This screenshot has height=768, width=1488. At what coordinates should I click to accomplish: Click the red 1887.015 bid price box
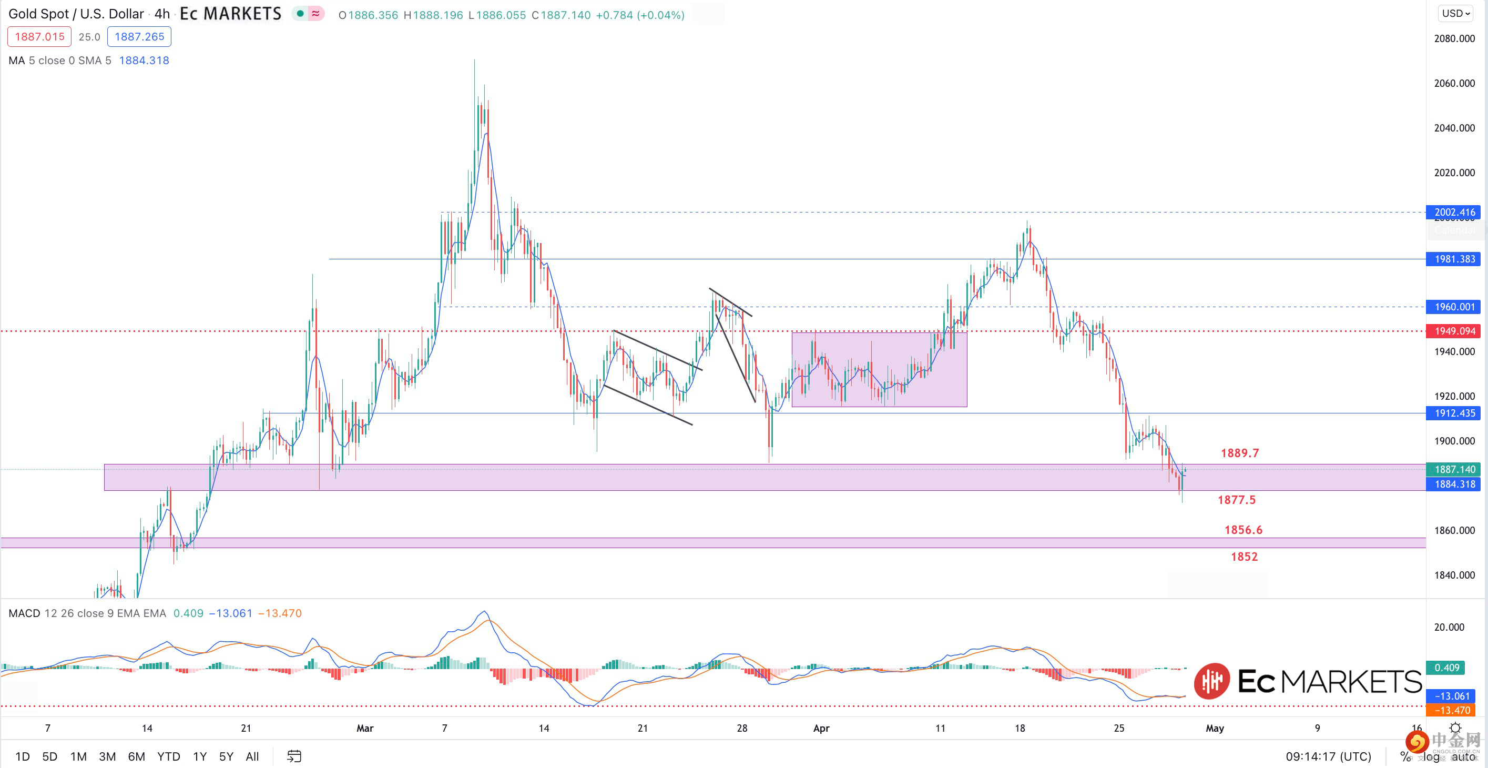(x=39, y=36)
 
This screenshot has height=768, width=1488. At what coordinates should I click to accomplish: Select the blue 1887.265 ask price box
(x=139, y=36)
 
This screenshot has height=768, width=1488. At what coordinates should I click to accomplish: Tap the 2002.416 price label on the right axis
(x=1454, y=212)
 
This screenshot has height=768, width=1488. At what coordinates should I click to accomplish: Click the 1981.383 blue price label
(x=1454, y=259)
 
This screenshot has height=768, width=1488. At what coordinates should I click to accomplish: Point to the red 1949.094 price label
(x=1454, y=331)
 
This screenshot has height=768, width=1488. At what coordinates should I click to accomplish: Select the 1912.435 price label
(x=1454, y=413)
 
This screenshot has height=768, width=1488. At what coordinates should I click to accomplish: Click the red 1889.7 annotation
(x=1240, y=453)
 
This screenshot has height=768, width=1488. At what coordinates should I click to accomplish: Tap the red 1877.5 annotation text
(x=1236, y=500)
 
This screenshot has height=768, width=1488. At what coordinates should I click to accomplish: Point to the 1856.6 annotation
(x=1243, y=530)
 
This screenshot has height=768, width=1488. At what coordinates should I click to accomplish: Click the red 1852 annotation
(x=1244, y=557)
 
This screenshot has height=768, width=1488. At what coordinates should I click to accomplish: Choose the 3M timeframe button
(x=107, y=756)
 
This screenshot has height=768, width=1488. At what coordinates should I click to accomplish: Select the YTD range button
(x=169, y=756)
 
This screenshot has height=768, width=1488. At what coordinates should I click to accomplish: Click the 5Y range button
(x=226, y=756)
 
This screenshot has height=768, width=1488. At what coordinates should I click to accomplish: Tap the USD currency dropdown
(x=1455, y=13)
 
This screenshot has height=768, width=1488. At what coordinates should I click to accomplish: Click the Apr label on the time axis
(x=821, y=728)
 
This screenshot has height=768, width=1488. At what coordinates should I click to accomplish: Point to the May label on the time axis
(x=1215, y=728)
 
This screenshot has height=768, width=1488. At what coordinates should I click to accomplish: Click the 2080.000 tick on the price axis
(x=1454, y=39)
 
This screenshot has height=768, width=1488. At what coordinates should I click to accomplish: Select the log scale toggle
(x=1431, y=756)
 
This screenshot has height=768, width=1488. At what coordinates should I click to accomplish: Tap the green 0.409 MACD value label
(x=1446, y=668)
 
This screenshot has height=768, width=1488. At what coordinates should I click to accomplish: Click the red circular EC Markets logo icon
(x=1212, y=681)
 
